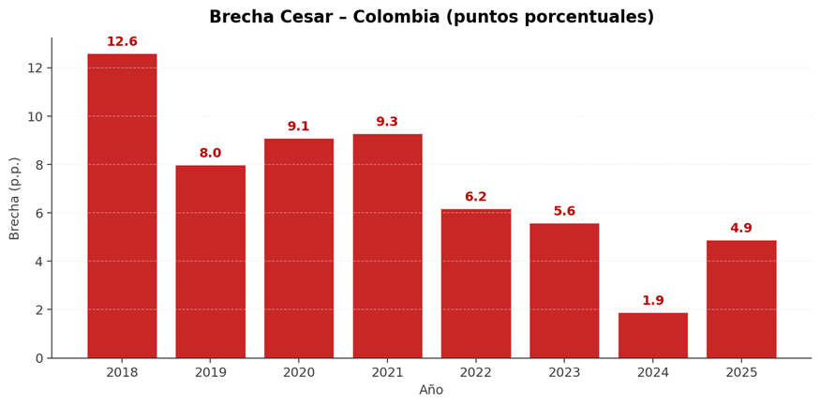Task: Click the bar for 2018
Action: pos(122,206)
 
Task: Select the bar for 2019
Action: pos(210,262)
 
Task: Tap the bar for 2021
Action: pos(387,246)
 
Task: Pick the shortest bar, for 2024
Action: pos(652,335)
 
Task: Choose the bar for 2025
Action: pos(741,299)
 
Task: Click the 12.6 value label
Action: pos(122,42)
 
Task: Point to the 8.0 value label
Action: pos(210,154)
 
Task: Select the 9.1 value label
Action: pos(298,127)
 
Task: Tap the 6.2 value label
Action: pos(475,197)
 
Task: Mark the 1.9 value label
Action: pos(652,301)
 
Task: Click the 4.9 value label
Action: pos(741,229)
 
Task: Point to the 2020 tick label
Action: pos(298,372)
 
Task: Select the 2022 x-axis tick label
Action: pos(475,372)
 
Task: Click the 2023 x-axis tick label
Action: pos(564,372)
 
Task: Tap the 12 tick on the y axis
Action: pos(36,68)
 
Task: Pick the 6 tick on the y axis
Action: pos(39,213)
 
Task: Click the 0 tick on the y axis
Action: pos(39,358)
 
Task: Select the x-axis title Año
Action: pos(431,390)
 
